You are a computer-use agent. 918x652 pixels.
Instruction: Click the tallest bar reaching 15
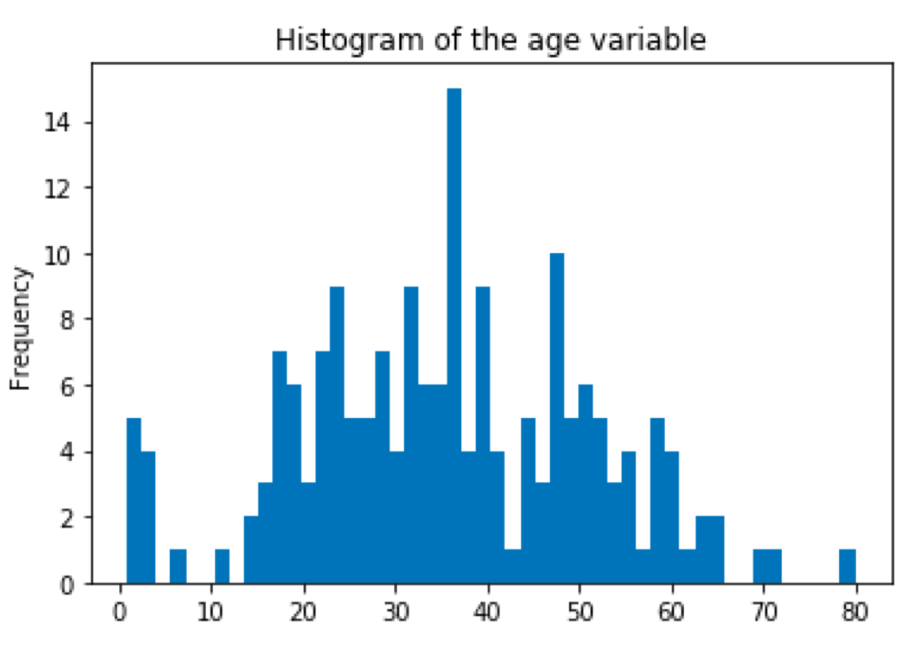(x=454, y=336)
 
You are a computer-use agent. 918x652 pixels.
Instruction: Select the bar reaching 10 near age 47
(x=557, y=418)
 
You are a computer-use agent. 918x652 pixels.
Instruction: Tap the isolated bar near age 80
(x=848, y=566)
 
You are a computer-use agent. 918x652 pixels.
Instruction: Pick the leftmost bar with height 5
(x=134, y=501)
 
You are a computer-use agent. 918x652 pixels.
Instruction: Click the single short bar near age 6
(x=178, y=566)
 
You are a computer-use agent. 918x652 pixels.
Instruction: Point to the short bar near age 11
(x=223, y=566)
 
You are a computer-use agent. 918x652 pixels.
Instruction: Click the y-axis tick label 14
(x=57, y=122)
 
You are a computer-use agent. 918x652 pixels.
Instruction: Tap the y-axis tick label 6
(x=67, y=387)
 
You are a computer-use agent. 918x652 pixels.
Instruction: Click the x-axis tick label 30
(x=396, y=613)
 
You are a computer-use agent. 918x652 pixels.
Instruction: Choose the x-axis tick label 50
(x=580, y=613)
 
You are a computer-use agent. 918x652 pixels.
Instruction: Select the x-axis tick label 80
(x=855, y=613)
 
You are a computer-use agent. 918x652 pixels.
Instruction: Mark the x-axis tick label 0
(x=119, y=613)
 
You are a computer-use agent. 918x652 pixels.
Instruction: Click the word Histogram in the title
(x=350, y=42)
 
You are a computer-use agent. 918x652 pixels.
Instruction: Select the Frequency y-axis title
(x=20, y=329)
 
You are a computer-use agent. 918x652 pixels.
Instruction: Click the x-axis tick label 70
(x=765, y=613)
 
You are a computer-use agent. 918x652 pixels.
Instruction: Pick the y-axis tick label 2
(x=67, y=519)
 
